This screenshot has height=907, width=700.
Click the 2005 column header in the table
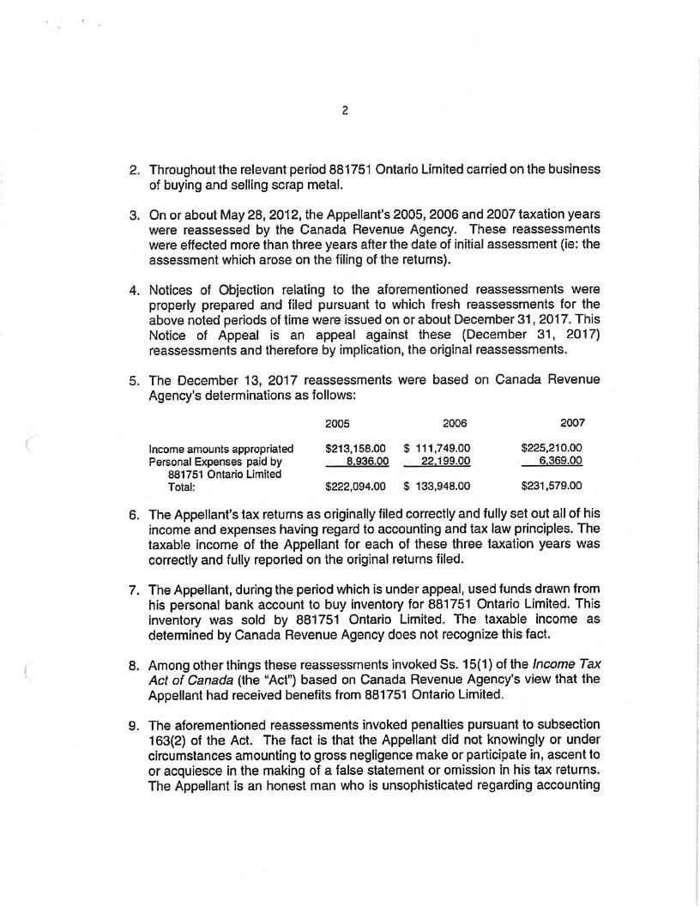tap(338, 424)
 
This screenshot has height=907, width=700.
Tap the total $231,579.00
tap(552, 487)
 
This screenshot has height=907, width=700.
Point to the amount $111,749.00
tap(437, 448)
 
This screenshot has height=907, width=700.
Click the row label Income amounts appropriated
tap(221, 448)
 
